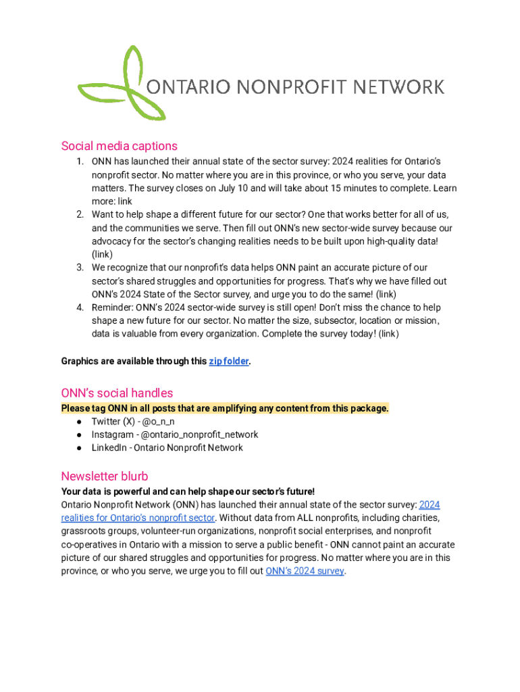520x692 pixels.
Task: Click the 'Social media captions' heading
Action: coord(119,146)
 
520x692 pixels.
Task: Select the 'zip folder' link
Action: coord(229,362)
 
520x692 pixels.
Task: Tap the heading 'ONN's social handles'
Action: coord(117,393)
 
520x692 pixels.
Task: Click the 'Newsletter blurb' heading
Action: coord(105,476)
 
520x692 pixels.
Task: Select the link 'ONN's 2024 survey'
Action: coord(305,571)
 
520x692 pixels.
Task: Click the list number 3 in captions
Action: coord(79,268)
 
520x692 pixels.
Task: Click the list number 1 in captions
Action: coord(79,162)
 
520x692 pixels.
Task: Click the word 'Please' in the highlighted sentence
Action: coord(75,408)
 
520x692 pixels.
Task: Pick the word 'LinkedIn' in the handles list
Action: coord(109,447)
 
